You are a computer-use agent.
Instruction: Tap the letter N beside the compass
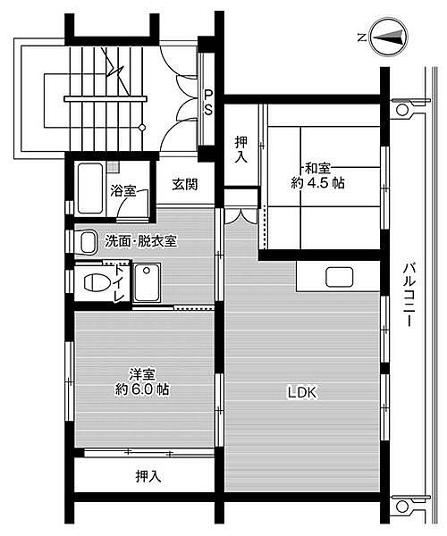359,38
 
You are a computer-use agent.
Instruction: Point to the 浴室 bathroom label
123,190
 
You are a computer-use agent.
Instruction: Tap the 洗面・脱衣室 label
139,240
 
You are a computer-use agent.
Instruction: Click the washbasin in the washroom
87,241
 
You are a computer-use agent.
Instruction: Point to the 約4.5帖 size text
317,183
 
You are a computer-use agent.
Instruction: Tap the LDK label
302,391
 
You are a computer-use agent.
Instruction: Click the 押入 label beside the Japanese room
241,148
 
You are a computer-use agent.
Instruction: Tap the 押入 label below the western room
148,476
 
